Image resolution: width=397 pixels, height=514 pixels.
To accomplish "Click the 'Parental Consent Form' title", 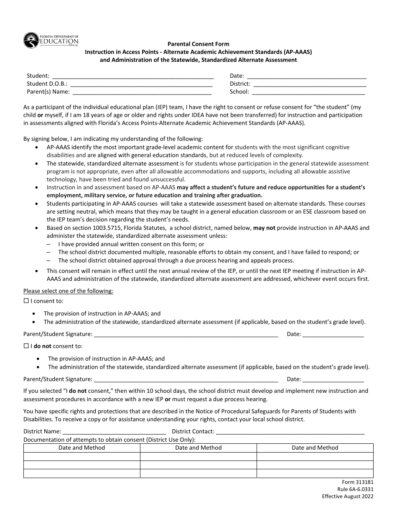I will coord(198,43).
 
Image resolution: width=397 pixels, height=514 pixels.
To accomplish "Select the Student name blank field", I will coord(132,76).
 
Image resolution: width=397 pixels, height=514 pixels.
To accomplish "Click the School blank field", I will coord(308,92).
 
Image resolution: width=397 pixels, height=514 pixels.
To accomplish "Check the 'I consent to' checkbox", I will coord(26,301).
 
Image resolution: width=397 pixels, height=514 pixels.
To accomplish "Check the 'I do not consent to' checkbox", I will coord(26,346).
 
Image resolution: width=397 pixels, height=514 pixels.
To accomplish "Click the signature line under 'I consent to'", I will coord(186,334).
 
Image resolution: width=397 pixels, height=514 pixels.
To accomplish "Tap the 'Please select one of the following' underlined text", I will coord(68,291).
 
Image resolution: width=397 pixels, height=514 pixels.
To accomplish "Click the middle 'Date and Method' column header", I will coord(198,448).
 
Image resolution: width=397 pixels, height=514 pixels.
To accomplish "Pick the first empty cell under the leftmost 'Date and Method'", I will coord(81,456).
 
